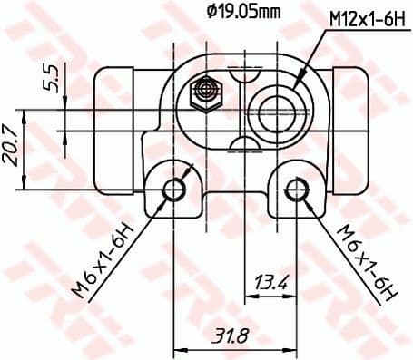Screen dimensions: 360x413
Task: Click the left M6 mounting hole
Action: click(x=174, y=190)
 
